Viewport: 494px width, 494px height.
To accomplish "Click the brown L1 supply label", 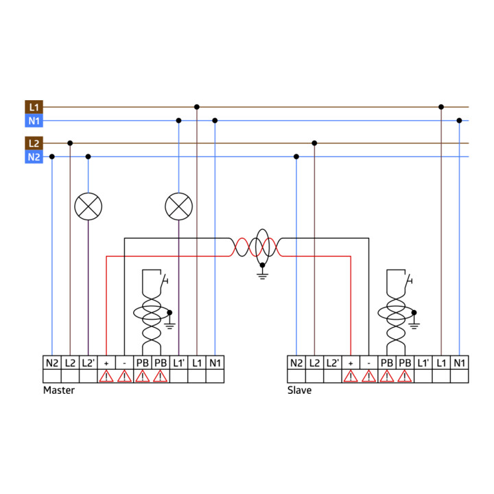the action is [34, 107].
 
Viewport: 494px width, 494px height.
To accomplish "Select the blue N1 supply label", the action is [34, 121].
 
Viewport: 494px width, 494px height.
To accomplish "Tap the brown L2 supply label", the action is [34, 143].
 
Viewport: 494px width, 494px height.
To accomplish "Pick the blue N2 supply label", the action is [34, 157].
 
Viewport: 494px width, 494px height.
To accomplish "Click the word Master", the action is [59, 390].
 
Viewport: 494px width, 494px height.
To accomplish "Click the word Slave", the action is [299, 390].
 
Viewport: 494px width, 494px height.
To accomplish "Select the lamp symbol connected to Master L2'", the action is [89, 207].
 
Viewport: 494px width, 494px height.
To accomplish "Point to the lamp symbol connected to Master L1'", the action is [178, 207].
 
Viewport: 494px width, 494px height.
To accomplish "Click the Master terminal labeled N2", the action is [52, 363].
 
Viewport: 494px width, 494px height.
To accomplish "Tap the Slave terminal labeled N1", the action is [459, 363].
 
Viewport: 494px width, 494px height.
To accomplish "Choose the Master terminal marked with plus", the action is [106, 363].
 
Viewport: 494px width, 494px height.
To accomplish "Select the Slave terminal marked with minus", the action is [368, 363].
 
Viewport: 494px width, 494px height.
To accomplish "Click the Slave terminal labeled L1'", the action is [423, 363].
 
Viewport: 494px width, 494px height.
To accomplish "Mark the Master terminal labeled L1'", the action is [178, 363].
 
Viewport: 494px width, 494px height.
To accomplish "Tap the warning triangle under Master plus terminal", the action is [106, 377].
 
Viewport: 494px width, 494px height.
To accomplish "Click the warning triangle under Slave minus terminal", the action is [368, 377].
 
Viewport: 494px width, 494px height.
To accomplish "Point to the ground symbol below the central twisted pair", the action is [262, 274].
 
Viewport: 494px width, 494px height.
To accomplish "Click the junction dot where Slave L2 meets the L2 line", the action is [314, 143].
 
